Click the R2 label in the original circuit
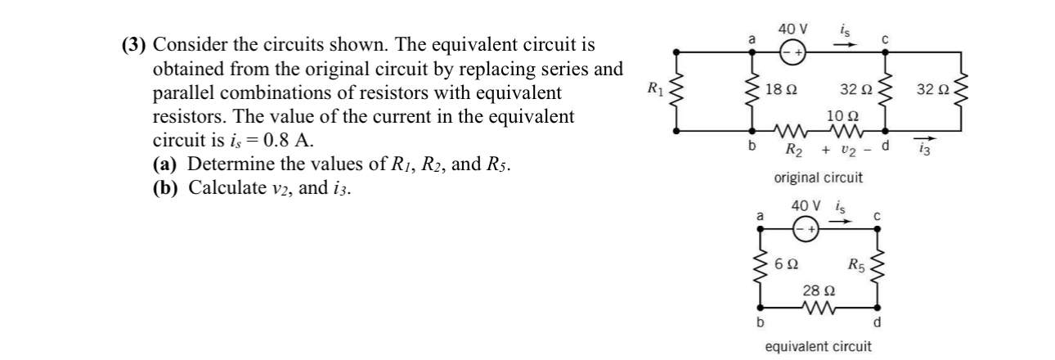[x=794, y=149]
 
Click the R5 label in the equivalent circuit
[x=855, y=264]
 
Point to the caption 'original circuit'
[x=818, y=177]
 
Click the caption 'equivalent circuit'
[x=818, y=346]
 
